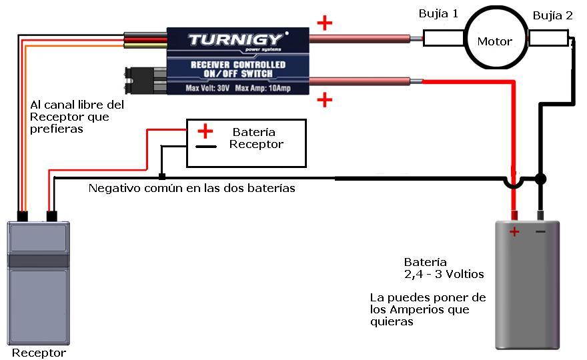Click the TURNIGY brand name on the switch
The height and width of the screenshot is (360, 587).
tap(234, 39)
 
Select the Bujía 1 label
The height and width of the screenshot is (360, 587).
tap(438, 14)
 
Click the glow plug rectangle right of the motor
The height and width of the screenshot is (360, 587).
tap(549, 39)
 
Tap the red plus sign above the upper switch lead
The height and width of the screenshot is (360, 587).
tap(324, 23)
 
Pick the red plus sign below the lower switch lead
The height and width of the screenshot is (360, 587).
tap(324, 100)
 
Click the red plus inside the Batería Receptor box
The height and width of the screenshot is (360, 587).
tap(205, 131)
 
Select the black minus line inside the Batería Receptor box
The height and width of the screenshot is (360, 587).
tap(205, 146)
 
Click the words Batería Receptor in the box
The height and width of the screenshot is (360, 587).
tap(255, 138)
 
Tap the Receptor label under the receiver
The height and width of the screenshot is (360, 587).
tap(39, 353)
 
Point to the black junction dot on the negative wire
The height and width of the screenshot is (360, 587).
tap(540, 179)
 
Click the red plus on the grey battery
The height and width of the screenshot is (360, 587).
tap(514, 231)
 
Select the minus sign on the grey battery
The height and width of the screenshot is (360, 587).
tap(540, 231)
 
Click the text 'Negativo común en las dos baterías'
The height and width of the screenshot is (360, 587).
tap(192, 189)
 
